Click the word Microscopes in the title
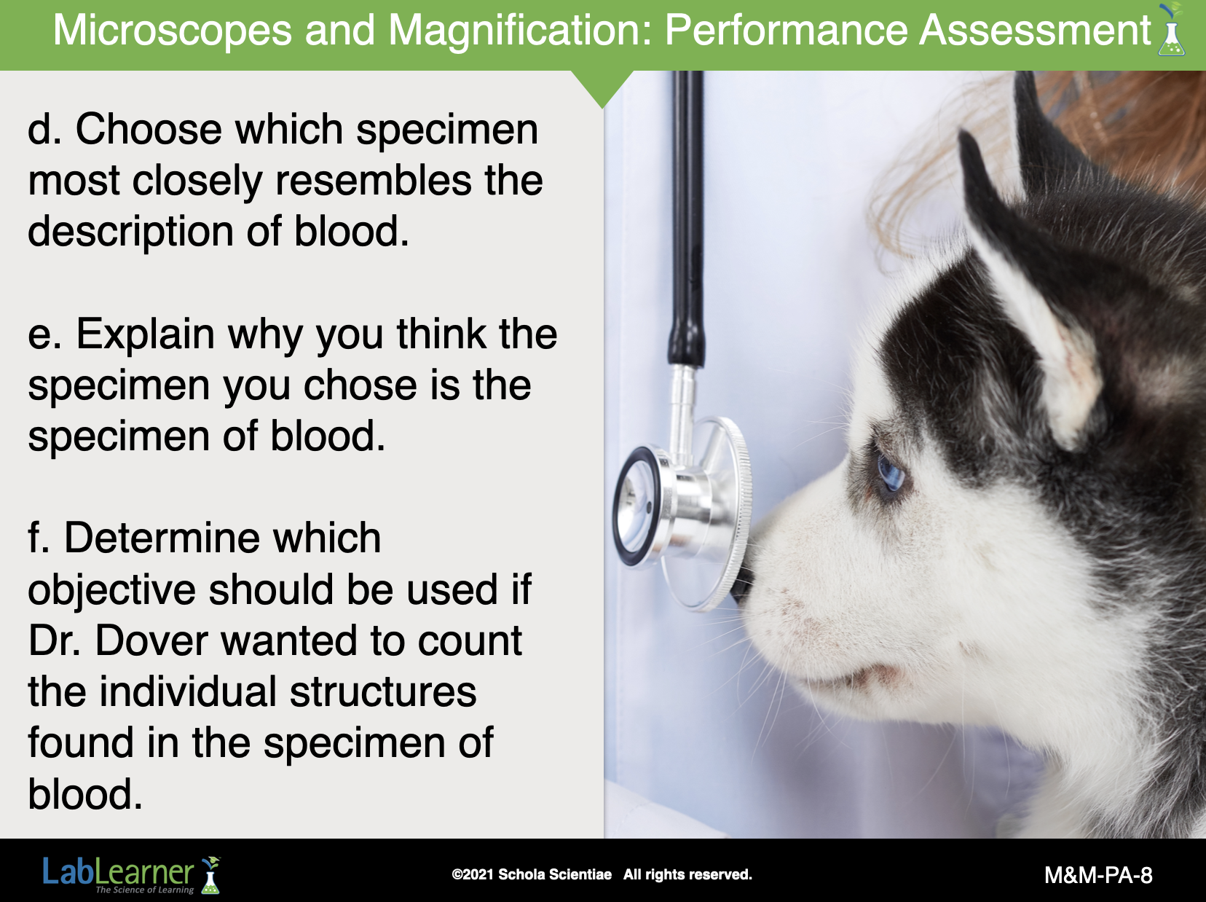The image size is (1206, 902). coord(172,31)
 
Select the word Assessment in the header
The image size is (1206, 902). coord(1035,30)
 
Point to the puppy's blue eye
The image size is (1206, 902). coord(889,471)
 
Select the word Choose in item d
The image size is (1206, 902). coord(149,129)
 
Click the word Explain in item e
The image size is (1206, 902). coord(145,335)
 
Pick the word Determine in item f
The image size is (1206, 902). coord(222,538)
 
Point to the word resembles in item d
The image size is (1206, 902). coord(373,180)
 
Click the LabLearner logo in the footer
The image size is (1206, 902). coord(132,874)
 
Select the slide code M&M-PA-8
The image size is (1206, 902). coord(1097,875)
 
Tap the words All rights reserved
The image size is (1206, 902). coord(687,874)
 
